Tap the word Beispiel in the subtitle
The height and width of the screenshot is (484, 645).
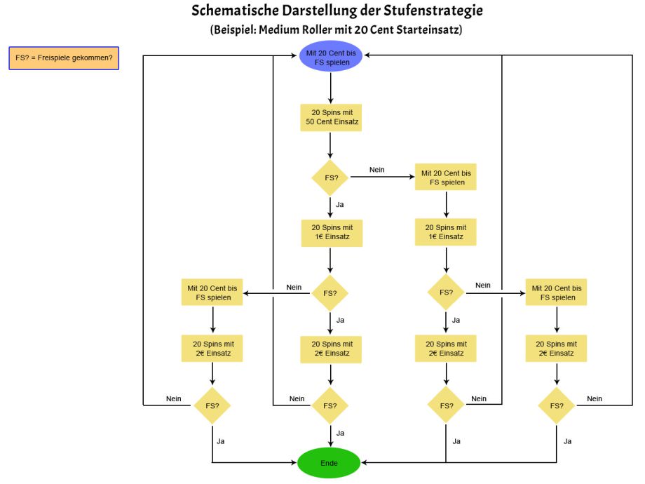pos(233,29)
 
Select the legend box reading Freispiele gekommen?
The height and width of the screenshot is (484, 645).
pos(64,58)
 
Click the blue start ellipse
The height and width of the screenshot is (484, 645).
pos(331,56)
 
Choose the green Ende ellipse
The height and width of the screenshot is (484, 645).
pos(329,463)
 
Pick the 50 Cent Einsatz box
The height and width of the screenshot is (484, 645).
pos(331,118)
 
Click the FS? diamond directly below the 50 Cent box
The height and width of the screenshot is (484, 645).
pos(330,177)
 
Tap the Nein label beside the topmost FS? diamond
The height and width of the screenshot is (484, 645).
pos(376,170)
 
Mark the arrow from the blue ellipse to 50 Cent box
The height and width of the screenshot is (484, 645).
pos(331,88)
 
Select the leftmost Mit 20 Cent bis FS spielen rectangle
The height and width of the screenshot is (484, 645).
pos(212,293)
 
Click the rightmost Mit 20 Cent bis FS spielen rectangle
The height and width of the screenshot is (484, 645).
pos(556,293)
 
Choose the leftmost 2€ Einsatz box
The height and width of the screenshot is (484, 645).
pos(212,349)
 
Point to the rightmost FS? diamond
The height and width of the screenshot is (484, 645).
pos(557,406)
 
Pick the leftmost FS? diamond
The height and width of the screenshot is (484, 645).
pos(212,406)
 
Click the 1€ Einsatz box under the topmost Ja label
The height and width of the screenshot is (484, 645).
pos(332,233)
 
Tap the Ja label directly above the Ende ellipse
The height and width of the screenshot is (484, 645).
pos(340,433)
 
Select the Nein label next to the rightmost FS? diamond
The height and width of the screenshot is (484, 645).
pos(595,399)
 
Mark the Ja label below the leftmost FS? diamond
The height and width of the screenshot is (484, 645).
pos(220,441)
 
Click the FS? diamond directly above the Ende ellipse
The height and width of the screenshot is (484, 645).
pos(330,406)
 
